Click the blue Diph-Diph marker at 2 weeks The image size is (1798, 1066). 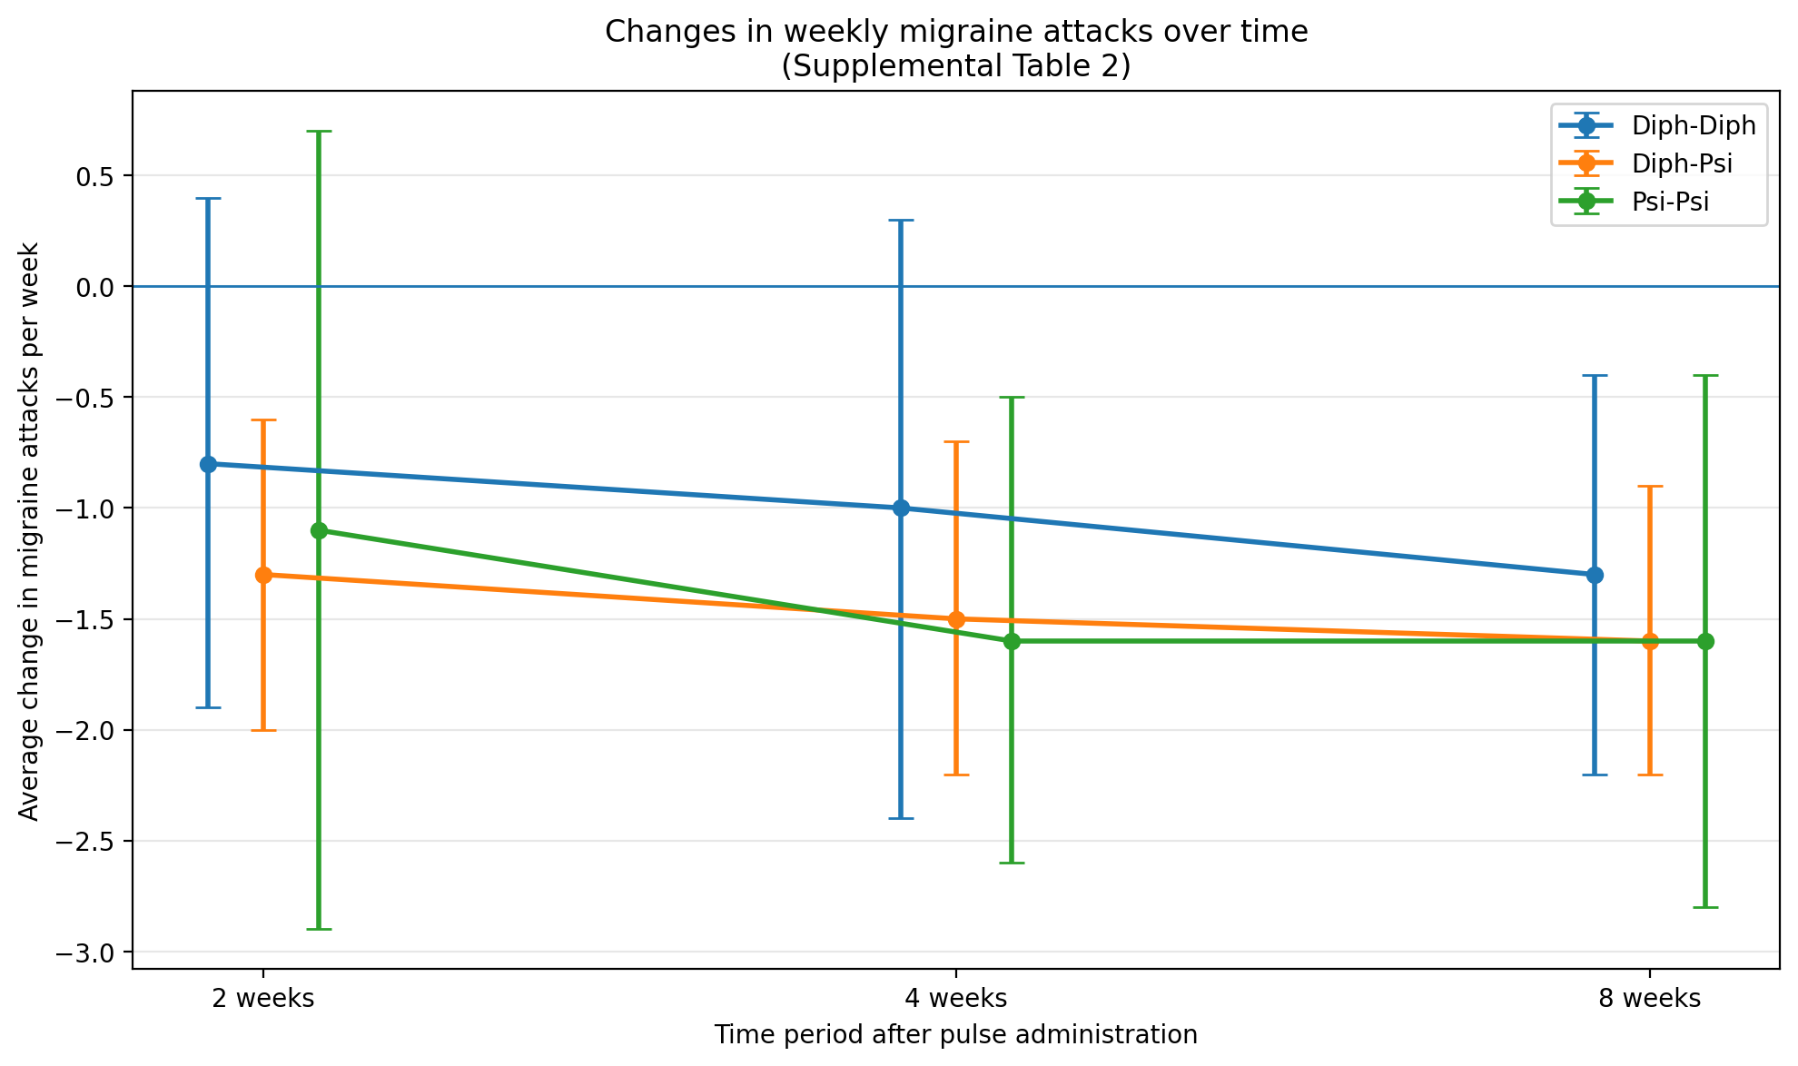coord(208,464)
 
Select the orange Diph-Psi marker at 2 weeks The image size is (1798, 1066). coord(263,575)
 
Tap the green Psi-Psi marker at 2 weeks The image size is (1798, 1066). coord(319,530)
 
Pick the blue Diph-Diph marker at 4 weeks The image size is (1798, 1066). coord(901,508)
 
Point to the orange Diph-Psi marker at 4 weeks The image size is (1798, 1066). coord(956,619)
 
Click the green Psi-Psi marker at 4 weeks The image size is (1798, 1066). coord(1012,641)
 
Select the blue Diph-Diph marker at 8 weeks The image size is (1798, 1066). coord(1595,575)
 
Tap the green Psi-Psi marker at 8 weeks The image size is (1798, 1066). coord(1705,641)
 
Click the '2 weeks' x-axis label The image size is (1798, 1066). coord(263,999)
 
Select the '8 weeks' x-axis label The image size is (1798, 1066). coord(1649,999)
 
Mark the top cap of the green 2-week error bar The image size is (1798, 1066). coord(319,132)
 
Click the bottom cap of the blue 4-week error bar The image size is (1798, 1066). coord(901,818)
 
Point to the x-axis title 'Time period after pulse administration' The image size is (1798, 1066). coord(955,1035)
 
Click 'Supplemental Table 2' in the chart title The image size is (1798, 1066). coord(955,66)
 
